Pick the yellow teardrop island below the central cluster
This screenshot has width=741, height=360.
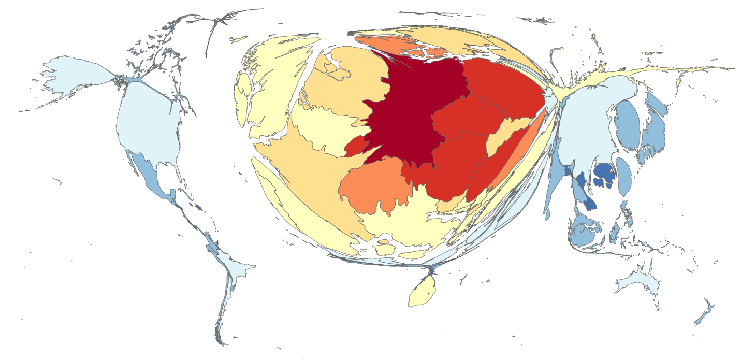coord(422,293)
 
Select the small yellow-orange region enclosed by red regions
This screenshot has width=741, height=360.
coord(505,135)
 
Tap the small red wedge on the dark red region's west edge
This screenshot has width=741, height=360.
coord(355,146)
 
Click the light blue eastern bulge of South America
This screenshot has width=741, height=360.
coord(241,269)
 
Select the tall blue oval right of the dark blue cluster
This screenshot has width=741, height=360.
coord(624,176)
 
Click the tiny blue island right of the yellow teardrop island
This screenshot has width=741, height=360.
coord(488,281)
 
